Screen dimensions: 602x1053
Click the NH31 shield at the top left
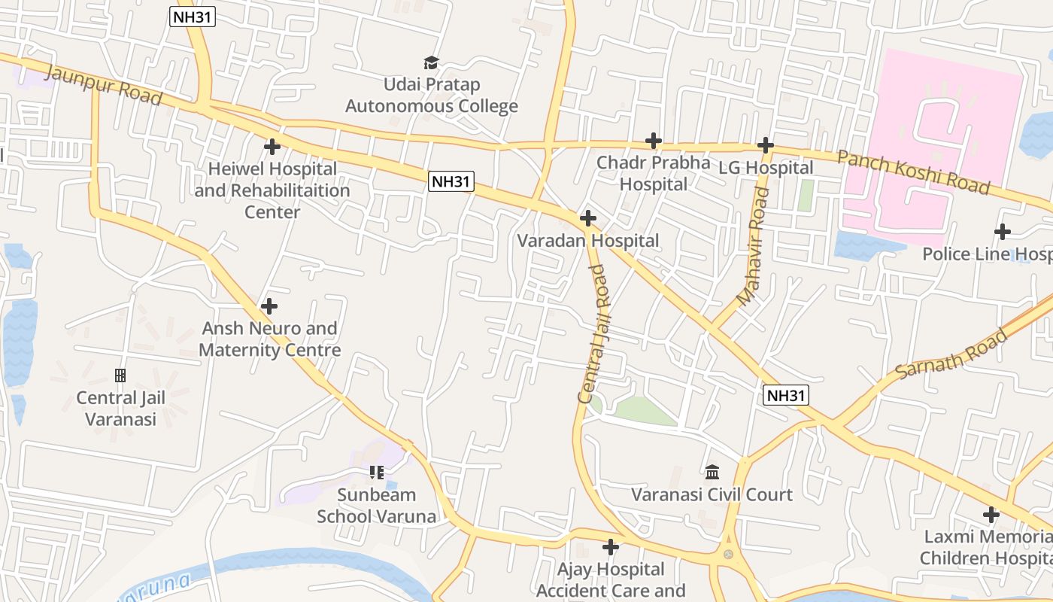click(x=193, y=18)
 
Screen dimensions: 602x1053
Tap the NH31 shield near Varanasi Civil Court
click(x=785, y=395)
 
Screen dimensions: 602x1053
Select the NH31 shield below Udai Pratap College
click(x=451, y=181)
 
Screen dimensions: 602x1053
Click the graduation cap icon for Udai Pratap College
click(x=431, y=62)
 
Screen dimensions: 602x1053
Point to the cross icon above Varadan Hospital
click(x=588, y=218)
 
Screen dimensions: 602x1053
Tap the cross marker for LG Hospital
click(x=766, y=144)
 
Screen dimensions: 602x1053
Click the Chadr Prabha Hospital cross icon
click(x=654, y=140)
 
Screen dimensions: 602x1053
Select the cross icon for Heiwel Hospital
click(x=272, y=146)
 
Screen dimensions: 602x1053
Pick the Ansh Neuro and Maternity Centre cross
click(x=269, y=306)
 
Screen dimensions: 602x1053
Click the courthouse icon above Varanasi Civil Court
click(x=712, y=472)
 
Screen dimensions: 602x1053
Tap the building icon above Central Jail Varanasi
click(x=120, y=375)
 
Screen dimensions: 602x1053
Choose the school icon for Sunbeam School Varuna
click(x=377, y=473)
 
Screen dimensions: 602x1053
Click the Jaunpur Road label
click(x=104, y=85)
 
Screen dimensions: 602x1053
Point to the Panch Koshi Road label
click(x=913, y=172)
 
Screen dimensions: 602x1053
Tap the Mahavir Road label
click(x=754, y=247)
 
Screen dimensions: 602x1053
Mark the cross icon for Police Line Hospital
click(x=1002, y=232)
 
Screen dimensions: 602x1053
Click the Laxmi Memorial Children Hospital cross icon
click(x=991, y=515)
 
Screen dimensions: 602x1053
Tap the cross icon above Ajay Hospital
click(x=611, y=546)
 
